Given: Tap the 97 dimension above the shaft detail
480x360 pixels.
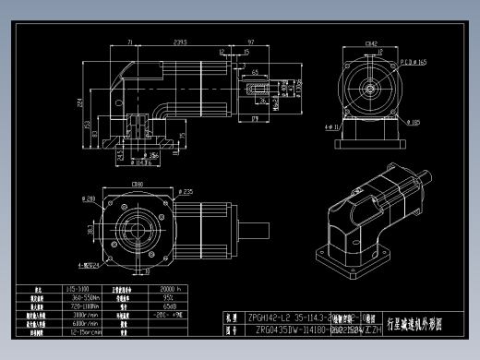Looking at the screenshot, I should tap(252, 42).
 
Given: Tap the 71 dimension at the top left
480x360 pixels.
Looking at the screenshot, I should tap(130, 42).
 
